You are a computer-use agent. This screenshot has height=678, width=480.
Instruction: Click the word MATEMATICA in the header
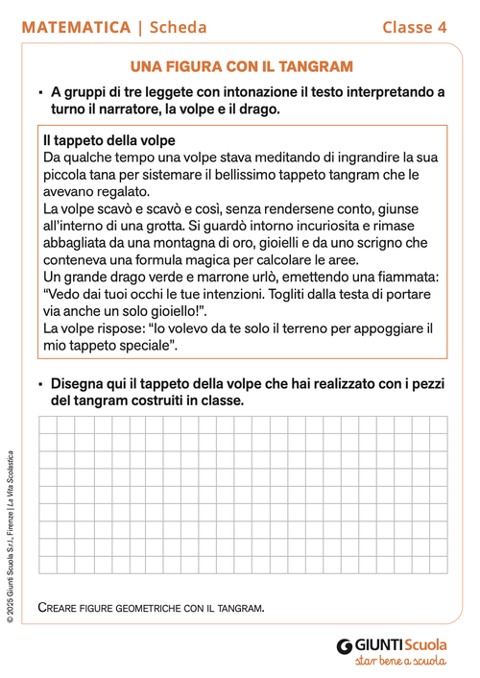[76, 28]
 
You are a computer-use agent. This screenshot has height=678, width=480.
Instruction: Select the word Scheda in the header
[178, 28]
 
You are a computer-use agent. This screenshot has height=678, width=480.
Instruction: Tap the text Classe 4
[415, 28]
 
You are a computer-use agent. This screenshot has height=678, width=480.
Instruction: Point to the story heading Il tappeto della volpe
[108, 140]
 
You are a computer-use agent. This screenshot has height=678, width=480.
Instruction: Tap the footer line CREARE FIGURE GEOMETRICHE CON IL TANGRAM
[151, 608]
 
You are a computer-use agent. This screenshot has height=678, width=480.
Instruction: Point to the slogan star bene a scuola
[399, 662]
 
